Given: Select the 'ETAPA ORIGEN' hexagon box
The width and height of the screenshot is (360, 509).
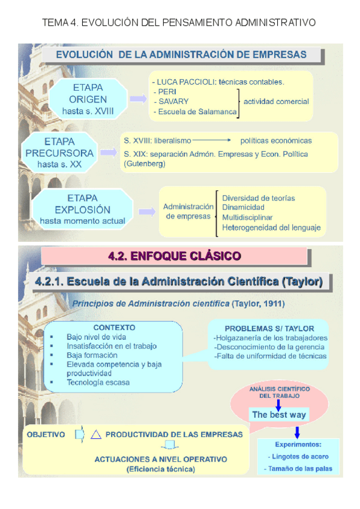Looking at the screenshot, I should (x=88, y=99).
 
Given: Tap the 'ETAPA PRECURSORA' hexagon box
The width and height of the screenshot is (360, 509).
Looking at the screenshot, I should (x=59, y=153).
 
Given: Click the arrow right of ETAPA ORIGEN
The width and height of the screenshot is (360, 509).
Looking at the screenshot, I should (x=138, y=98).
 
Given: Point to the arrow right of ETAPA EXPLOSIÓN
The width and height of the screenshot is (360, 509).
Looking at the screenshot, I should (x=147, y=211).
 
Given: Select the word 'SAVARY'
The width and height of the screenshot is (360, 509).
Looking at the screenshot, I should (x=173, y=101).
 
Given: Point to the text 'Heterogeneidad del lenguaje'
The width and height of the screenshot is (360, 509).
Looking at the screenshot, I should (x=271, y=227).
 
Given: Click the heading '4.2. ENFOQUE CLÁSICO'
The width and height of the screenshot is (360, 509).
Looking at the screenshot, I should (x=175, y=256).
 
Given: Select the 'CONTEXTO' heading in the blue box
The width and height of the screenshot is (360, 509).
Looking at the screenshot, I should (x=114, y=328).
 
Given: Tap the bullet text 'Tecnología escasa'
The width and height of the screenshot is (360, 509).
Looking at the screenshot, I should (x=98, y=382).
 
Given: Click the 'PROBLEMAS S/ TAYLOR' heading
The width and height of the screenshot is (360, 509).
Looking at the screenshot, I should (x=269, y=328).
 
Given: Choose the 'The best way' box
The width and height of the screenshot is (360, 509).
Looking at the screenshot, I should (x=278, y=415).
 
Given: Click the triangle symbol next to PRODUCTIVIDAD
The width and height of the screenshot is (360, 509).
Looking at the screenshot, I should (x=95, y=435).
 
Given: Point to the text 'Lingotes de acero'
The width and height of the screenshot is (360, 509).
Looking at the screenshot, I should (x=294, y=456).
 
